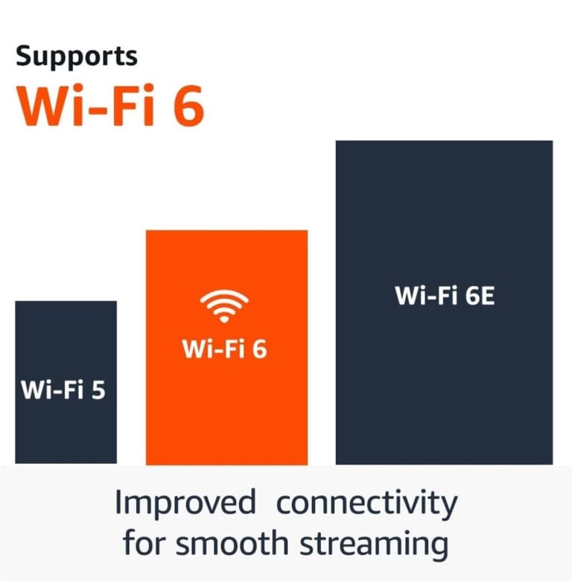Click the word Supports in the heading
pos(77,57)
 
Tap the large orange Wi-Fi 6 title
pos(110,106)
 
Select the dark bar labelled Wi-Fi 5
pos(66,382)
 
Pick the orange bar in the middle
pos(226,348)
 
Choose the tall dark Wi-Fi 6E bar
pos(444,302)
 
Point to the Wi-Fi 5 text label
pos(63,390)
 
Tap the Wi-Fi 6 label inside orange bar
pos(224,349)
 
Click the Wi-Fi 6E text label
pos(445,296)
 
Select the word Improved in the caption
pos(185,503)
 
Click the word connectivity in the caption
pos(366,504)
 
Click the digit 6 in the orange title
pos(189,107)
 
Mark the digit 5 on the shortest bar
pos(98,390)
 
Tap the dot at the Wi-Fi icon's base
pos(224,319)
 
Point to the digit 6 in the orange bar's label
pos(260,349)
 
